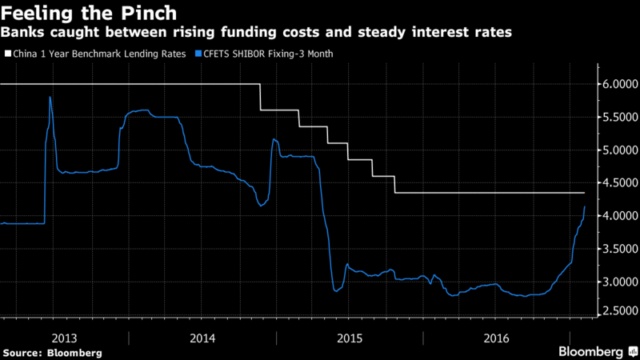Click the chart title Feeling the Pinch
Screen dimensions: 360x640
[90, 14]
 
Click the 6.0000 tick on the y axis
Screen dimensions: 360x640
[617, 84]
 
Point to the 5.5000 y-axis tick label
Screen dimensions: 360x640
[617, 117]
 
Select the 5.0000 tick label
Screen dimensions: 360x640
[617, 150]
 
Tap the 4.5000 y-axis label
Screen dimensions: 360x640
[617, 183]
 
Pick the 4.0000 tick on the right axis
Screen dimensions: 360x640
[617, 216]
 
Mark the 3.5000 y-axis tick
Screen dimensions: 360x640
[617, 249]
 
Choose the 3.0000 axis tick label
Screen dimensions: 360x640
[617, 282]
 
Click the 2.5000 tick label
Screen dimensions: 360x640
[617, 310]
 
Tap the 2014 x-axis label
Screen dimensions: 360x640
[202, 338]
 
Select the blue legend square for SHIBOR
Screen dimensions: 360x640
[195, 54]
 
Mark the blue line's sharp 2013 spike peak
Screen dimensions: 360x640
[50, 97]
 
